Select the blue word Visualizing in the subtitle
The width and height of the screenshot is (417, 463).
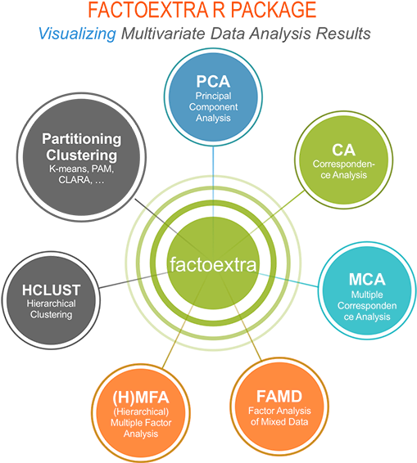point(77,34)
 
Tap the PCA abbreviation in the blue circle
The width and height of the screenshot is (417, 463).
point(213,82)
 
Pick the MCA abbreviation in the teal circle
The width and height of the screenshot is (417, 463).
point(366,279)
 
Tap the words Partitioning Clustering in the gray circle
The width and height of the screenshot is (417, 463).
point(81,147)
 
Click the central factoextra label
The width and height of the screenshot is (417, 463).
point(213,264)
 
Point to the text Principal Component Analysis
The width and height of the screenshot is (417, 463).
point(213,107)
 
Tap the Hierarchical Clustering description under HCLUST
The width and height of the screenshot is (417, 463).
point(52,309)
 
